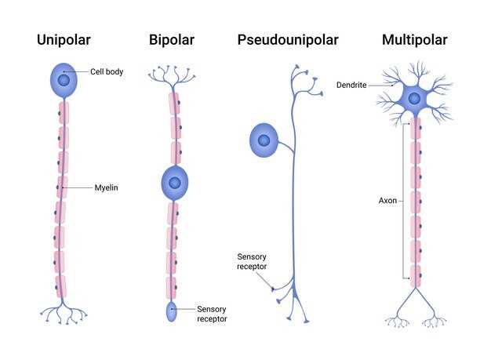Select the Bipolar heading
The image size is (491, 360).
172,39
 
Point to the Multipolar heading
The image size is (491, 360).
415,39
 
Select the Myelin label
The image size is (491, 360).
106,187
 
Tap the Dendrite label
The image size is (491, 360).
351,85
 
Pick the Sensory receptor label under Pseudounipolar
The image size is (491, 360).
253,261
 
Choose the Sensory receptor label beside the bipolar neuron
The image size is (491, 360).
212,315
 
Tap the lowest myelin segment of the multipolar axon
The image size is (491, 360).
416,276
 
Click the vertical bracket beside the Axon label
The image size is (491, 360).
406,201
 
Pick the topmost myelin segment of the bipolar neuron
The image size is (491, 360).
175,103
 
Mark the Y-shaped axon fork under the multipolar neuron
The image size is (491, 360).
415,302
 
